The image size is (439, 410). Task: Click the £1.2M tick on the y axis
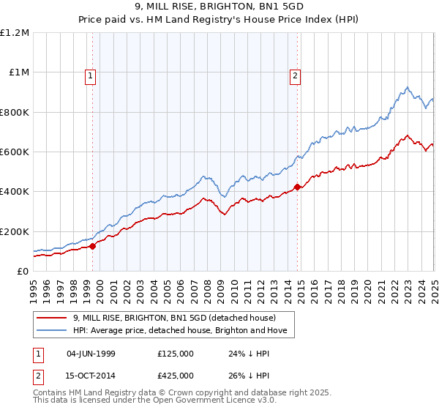click(x=15, y=32)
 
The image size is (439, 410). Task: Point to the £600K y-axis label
click(x=15, y=152)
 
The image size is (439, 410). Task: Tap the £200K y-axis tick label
click(x=15, y=231)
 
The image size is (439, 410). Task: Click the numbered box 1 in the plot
click(x=90, y=75)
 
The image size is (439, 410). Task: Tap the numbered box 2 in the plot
click(x=295, y=75)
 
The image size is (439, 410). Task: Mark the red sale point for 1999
click(x=93, y=247)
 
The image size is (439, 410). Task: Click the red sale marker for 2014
click(x=298, y=187)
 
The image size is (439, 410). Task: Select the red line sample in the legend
click(x=51, y=318)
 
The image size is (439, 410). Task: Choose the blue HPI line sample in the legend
click(x=51, y=331)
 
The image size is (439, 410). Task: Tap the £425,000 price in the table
click(x=176, y=375)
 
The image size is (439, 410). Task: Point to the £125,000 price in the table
click(x=176, y=354)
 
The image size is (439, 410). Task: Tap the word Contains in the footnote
click(x=51, y=394)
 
